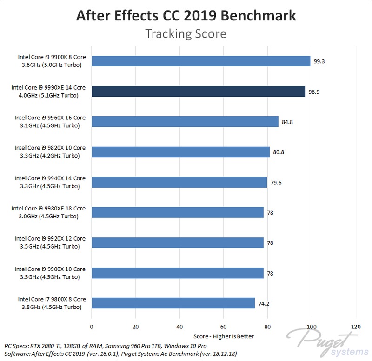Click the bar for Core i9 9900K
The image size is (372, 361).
(x=201, y=61)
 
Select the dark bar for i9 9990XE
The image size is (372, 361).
(x=198, y=91)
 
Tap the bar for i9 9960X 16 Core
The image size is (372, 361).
(x=185, y=121)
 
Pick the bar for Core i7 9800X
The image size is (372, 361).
(x=173, y=303)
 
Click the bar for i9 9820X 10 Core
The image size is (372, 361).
(x=180, y=152)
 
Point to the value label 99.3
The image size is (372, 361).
(x=319, y=61)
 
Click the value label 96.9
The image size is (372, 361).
(x=314, y=92)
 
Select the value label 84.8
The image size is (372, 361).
(x=287, y=122)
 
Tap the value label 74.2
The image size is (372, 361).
(x=264, y=303)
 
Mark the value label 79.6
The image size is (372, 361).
(x=276, y=182)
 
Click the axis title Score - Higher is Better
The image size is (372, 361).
(x=223, y=336)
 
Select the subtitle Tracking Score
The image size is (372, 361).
(x=186, y=34)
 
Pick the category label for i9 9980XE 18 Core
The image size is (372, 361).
(x=50, y=212)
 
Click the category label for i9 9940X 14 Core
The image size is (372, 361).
(x=50, y=182)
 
